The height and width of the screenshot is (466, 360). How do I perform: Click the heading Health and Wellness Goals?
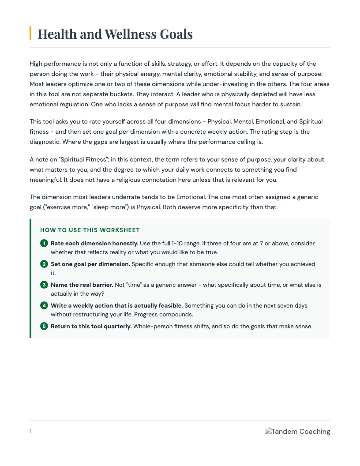[115, 34]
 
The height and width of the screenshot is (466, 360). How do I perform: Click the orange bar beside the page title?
[30, 33]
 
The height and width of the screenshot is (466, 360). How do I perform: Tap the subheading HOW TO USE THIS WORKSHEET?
[90, 230]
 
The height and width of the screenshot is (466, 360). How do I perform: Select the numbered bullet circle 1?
[44, 243]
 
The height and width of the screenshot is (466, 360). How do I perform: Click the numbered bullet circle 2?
[44, 264]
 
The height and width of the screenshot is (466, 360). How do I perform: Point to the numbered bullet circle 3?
[44, 285]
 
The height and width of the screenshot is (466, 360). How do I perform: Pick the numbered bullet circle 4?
[44, 305]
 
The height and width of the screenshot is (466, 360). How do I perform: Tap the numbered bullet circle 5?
[44, 326]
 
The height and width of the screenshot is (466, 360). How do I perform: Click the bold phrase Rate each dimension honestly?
[94, 243]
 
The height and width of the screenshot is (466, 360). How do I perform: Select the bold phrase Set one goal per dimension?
[90, 264]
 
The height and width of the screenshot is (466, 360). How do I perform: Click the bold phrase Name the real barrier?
[82, 285]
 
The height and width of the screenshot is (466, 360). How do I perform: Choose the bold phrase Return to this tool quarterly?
[91, 326]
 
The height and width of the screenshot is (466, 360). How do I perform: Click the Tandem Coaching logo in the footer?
[297, 432]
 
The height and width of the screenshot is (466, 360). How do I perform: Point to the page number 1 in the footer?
[30, 431]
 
